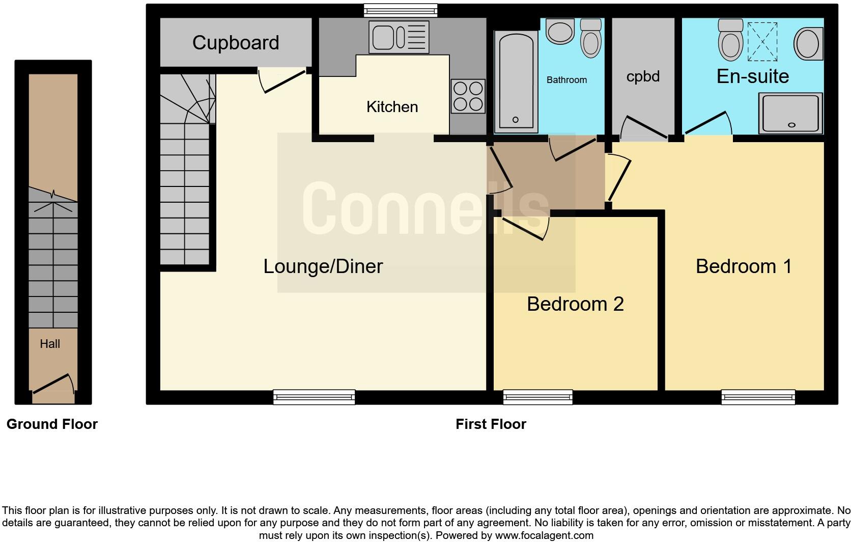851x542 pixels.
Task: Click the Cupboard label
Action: tap(236, 43)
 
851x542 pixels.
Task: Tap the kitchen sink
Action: tap(399, 37)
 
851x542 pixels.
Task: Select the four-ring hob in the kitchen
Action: tap(468, 96)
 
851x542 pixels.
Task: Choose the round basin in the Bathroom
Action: tap(560, 32)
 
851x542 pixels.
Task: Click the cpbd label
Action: tap(643, 76)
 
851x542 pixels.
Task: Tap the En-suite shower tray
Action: tap(790, 113)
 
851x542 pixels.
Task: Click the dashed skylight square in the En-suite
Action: tap(762, 42)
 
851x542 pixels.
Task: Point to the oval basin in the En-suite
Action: tap(808, 43)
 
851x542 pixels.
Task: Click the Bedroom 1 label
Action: tap(744, 266)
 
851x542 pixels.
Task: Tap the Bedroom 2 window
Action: tap(537, 397)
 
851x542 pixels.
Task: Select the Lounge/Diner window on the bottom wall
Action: tap(314, 397)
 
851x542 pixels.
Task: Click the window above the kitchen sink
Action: tap(401, 10)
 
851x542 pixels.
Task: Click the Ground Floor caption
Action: tap(52, 424)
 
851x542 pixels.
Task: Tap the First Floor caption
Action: tap(491, 424)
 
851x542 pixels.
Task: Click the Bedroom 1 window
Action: tap(758, 397)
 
